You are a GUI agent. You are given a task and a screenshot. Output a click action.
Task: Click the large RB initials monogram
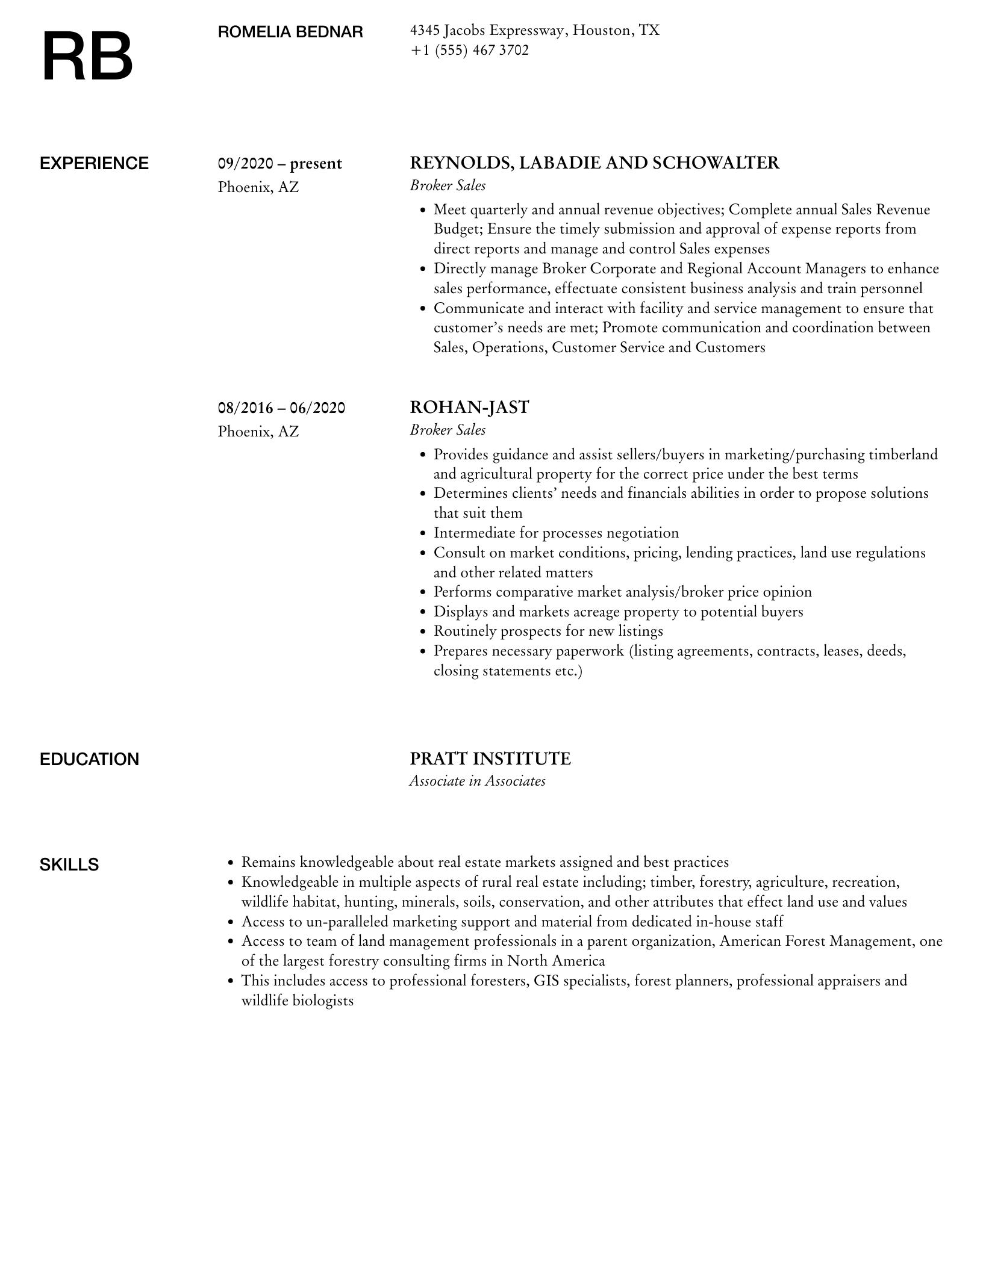(87, 57)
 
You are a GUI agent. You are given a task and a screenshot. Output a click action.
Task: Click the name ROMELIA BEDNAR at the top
(290, 33)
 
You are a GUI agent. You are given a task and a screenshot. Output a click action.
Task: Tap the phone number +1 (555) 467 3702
(469, 51)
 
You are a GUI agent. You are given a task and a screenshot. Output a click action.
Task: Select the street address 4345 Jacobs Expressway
(487, 31)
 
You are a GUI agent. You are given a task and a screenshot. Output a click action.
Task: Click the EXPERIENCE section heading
(94, 164)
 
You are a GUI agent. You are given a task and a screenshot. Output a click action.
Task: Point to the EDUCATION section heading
(89, 759)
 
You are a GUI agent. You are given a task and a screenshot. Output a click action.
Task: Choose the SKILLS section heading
(69, 864)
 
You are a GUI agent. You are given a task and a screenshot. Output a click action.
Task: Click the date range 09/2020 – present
(279, 164)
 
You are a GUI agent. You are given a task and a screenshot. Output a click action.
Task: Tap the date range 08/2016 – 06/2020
(281, 408)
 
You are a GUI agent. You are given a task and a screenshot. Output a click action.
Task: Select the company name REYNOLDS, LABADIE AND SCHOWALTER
(594, 163)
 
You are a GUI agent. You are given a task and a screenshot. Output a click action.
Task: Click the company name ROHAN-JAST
(469, 408)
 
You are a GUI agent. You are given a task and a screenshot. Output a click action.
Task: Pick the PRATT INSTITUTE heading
(490, 759)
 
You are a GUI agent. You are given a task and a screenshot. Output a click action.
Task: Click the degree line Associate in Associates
(477, 781)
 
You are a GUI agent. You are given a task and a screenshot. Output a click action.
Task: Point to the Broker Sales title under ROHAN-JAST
(448, 430)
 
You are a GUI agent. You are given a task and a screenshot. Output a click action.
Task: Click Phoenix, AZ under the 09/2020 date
(258, 187)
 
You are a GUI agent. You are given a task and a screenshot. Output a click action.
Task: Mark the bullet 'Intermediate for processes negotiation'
(556, 533)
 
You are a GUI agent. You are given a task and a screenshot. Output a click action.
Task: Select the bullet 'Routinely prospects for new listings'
(548, 631)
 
